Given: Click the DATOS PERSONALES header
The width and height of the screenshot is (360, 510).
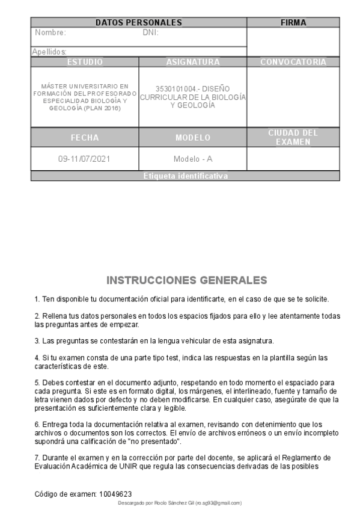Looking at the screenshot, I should coord(139,23).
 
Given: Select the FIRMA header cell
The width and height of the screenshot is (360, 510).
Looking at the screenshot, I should coord(293,23).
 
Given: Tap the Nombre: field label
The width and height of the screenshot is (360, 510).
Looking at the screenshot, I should coord(50,33).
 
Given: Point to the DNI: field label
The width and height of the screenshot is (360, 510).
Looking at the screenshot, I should coord(150,33).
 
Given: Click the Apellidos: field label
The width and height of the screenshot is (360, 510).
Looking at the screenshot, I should coord(50,52).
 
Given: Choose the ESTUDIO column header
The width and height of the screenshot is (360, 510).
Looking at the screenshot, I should coord(85,62).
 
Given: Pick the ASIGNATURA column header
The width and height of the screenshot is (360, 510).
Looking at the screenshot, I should coord(193,62).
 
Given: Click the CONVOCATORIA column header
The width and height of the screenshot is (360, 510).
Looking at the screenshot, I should coord(293,62).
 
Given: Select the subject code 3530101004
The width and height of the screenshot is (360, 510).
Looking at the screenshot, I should coord(174,88).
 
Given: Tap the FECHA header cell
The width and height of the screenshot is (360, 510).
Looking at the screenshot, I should coord(85,138).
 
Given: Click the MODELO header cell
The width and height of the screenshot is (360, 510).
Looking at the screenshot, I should coord(193,138).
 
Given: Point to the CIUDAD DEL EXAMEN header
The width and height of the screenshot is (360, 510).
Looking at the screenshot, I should coord(293,137).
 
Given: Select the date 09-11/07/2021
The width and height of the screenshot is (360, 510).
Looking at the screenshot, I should coord(85,159).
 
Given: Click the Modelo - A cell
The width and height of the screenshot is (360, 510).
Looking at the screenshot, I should coord(193,159).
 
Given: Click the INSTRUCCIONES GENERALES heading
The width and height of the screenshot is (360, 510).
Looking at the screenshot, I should coord(186,281).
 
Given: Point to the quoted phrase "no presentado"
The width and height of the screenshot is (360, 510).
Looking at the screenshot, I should coord(157,441).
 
